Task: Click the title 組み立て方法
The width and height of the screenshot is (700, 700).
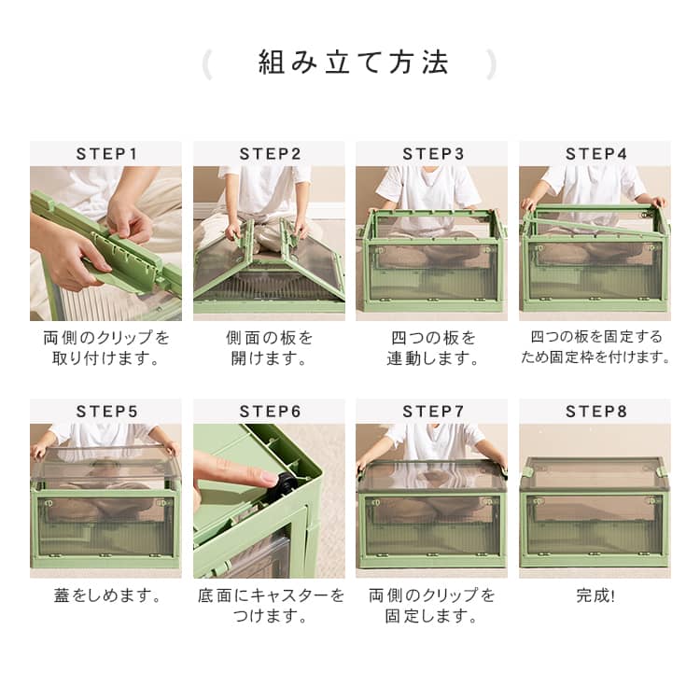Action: pyautogui.click(x=353, y=62)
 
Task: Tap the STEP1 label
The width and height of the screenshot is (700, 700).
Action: pyautogui.click(x=106, y=154)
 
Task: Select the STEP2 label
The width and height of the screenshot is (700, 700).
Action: pyautogui.click(x=270, y=154)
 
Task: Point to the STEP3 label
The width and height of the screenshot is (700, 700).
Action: pyautogui.click(x=433, y=154)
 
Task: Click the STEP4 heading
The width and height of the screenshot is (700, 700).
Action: pyautogui.click(x=596, y=154)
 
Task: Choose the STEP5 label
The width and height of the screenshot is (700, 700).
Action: pyautogui.click(x=106, y=412)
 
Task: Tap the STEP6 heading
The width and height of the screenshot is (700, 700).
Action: pyautogui.click(x=270, y=412)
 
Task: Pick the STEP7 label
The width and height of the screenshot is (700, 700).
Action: pyautogui.click(x=433, y=412)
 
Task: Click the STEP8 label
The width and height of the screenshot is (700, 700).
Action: pyautogui.click(x=596, y=412)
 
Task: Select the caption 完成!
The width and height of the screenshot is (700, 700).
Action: pyautogui.click(x=595, y=595)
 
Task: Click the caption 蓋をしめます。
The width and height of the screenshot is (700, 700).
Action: pyautogui.click(x=106, y=595)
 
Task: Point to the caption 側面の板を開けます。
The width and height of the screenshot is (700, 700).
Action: pyautogui.click(x=269, y=348)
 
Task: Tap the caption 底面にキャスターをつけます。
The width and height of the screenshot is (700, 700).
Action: pyautogui.click(x=271, y=606)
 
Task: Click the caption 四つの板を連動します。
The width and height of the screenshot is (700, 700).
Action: pyautogui.click(x=432, y=348)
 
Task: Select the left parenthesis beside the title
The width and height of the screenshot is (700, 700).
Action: pyautogui.click(x=206, y=64)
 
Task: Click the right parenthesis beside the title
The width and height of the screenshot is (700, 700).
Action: pyautogui.click(x=491, y=64)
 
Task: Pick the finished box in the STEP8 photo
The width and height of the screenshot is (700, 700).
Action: pyautogui.click(x=595, y=511)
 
